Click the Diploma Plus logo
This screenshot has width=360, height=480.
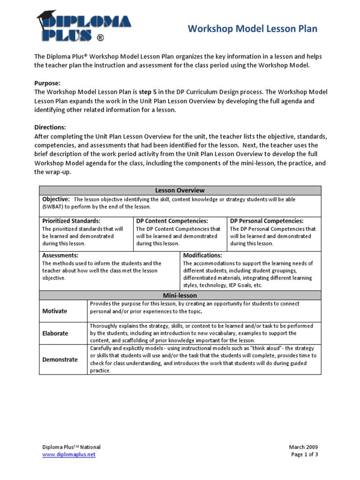83,27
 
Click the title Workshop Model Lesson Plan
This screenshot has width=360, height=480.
252,29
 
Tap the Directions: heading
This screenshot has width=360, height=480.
50,127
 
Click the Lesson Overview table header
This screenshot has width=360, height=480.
180,190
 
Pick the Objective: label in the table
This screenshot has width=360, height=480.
56,199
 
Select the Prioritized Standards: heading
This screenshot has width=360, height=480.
71,221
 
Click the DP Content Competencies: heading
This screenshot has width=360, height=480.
172,221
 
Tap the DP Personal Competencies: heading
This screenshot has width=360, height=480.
267,221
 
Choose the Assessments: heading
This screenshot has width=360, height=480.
60,255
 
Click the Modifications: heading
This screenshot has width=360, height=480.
202,255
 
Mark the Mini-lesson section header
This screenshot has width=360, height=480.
180,295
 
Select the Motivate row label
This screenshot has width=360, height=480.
55,311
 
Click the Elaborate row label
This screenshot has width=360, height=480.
55,333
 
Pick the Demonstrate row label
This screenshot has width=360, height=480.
60,360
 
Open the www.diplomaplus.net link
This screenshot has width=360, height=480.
69,455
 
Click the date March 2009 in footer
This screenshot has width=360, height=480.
303,447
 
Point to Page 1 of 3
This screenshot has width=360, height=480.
304,455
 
